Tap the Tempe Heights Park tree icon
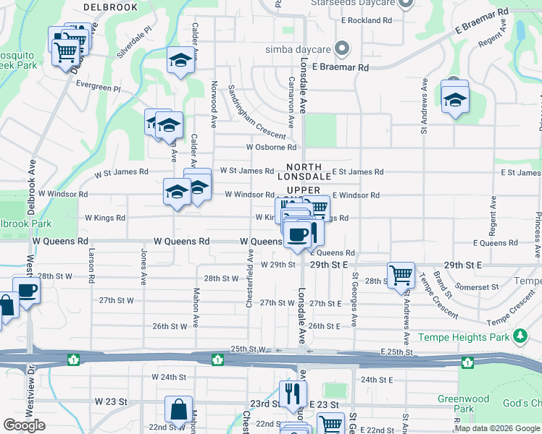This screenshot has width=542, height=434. tap(519, 336)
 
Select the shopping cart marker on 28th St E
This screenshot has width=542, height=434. tap(401, 275)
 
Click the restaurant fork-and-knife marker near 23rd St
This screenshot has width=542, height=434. tap(293, 394)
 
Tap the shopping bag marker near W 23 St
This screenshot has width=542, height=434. tap(178, 409)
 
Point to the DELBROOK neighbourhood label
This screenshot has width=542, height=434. tap(110, 7)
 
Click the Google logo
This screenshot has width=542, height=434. tap(24, 425)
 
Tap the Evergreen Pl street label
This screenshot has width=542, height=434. tap(98, 85)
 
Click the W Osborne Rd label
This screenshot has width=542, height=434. tap(271, 147)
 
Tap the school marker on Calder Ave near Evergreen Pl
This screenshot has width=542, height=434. tap(180, 61)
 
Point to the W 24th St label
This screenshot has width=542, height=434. tap(169, 377)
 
